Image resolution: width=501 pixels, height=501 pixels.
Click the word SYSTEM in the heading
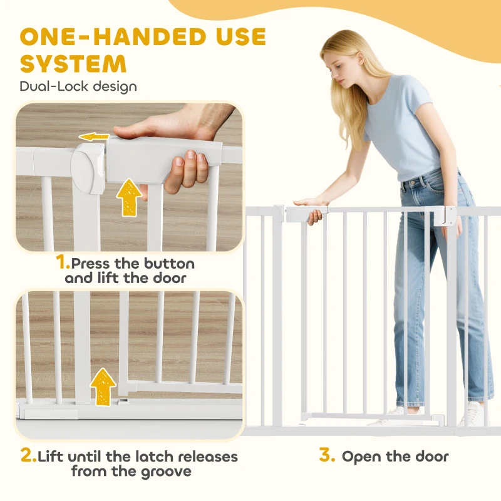click(x=73, y=63)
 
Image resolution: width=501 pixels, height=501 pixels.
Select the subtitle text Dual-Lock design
click(x=78, y=86)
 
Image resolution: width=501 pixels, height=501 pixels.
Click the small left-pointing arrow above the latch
click(x=94, y=137)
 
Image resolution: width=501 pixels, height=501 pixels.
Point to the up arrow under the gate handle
click(x=129, y=197)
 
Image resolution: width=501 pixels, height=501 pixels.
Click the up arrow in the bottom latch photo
click(x=103, y=386)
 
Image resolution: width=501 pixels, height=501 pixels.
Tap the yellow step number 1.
click(x=63, y=262)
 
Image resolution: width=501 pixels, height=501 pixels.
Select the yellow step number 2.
click(x=28, y=455)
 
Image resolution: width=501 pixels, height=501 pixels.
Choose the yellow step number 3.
click(x=327, y=455)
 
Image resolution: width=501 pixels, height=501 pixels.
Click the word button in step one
click(x=169, y=264)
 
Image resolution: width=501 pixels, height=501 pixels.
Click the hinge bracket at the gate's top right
click(x=445, y=217)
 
